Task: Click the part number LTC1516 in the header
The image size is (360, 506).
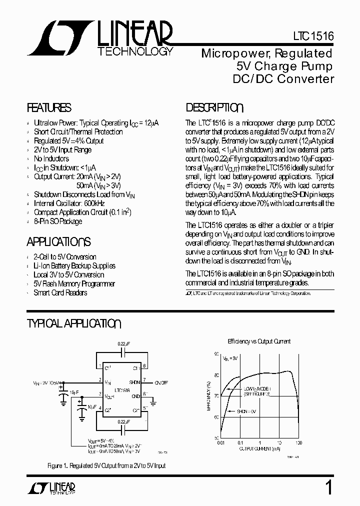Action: point(313,37)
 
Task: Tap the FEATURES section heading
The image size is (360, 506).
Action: point(48,108)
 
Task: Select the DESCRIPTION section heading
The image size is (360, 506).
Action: point(214,108)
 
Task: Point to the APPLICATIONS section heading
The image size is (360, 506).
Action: point(58,242)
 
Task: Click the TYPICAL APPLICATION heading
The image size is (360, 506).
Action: point(73,323)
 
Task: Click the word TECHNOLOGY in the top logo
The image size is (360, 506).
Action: point(135,51)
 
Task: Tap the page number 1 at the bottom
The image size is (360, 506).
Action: point(328,487)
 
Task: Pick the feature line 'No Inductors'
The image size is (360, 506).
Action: point(51,158)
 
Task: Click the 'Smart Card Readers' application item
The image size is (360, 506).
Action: point(60,292)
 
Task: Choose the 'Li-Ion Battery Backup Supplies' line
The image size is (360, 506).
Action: point(74,266)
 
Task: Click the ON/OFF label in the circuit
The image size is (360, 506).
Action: point(161,382)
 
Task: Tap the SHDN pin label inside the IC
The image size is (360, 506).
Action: point(134,382)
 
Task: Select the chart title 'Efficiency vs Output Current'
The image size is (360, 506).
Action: point(259,341)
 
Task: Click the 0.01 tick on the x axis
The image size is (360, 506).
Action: point(220,443)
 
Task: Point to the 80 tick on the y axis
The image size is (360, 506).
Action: point(216,375)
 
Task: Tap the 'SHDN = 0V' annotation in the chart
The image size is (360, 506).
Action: point(246,410)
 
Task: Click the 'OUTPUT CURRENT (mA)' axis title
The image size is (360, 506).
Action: point(259,448)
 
